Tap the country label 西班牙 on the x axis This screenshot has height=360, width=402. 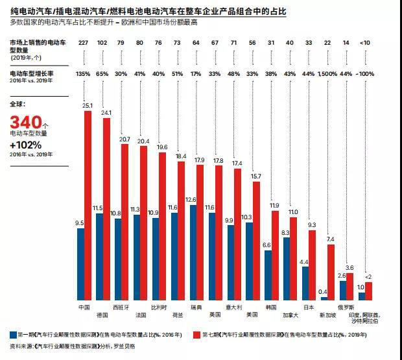click(x=121, y=306)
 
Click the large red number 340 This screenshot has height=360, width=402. click(x=25, y=123)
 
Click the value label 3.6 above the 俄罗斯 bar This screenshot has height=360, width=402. click(x=350, y=267)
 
